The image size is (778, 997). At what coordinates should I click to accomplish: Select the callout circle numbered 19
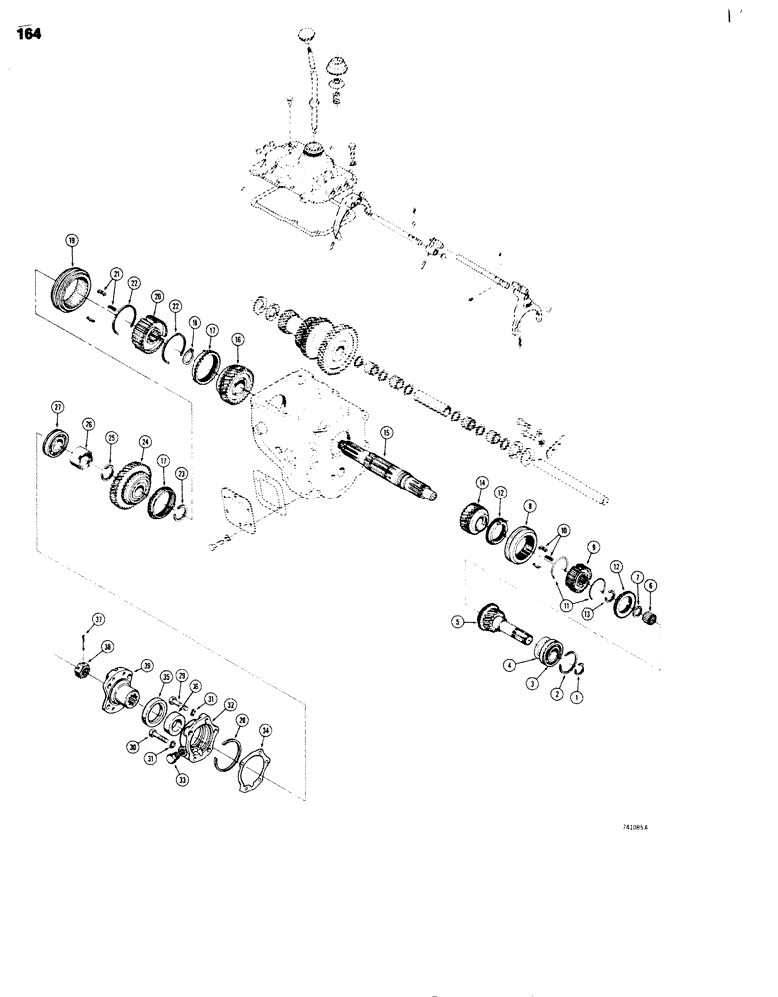tap(71, 239)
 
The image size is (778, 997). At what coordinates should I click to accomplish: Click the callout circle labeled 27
tap(57, 406)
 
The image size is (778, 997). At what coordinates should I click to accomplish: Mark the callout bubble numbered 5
tap(458, 623)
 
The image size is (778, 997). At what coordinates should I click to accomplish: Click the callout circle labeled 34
tap(265, 731)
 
